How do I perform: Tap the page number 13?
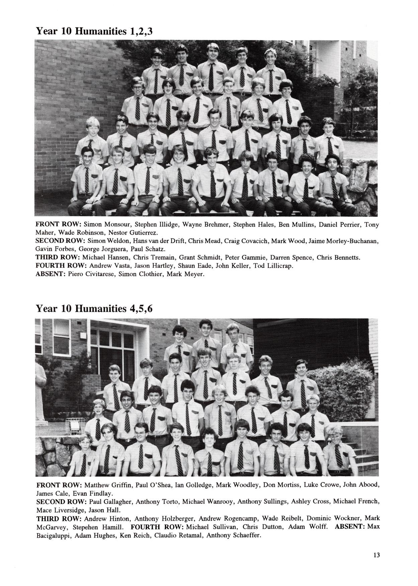tap(377, 555)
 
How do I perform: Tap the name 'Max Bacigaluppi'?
tap(373, 527)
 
